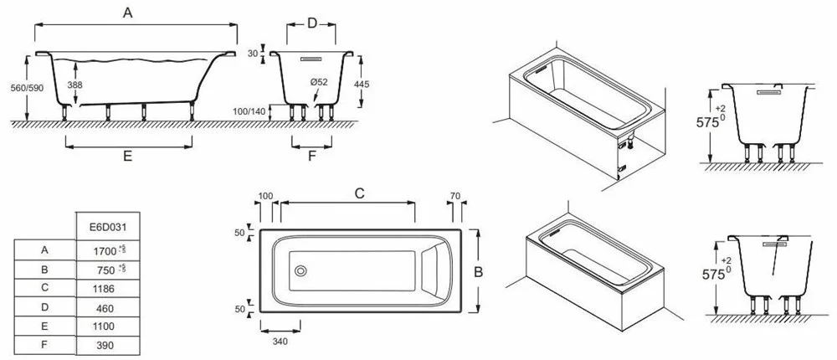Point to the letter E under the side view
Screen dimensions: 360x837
point(128,155)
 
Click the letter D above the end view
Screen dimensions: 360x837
point(311,23)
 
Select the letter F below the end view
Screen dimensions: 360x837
point(312,155)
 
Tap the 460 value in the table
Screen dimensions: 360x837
point(100,306)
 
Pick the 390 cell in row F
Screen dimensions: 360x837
point(100,344)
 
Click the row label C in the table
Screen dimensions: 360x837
point(44,287)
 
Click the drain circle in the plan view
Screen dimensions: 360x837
point(300,270)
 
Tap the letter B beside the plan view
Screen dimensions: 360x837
point(480,270)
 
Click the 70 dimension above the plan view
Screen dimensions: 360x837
point(455,196)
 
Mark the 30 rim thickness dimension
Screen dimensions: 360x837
point(253,54)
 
